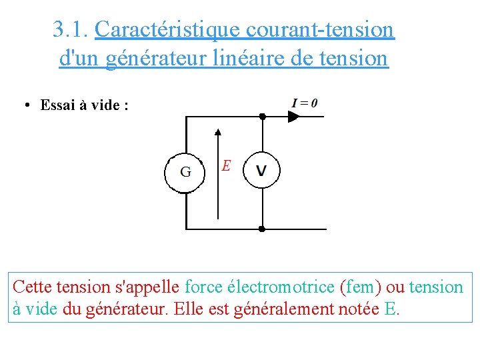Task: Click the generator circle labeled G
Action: point(185,172)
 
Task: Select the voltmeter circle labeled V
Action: point(261,170)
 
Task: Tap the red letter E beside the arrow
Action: point(227,165)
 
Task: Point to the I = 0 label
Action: point(305,103)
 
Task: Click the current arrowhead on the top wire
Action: point(293,116)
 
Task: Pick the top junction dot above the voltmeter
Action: point(262,116)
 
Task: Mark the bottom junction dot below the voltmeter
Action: point(262,229)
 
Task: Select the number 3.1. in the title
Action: point(71,29)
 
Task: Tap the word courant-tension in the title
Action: point(320,29)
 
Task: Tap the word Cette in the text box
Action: point(33,287)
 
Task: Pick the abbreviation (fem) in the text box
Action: point(361,287)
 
